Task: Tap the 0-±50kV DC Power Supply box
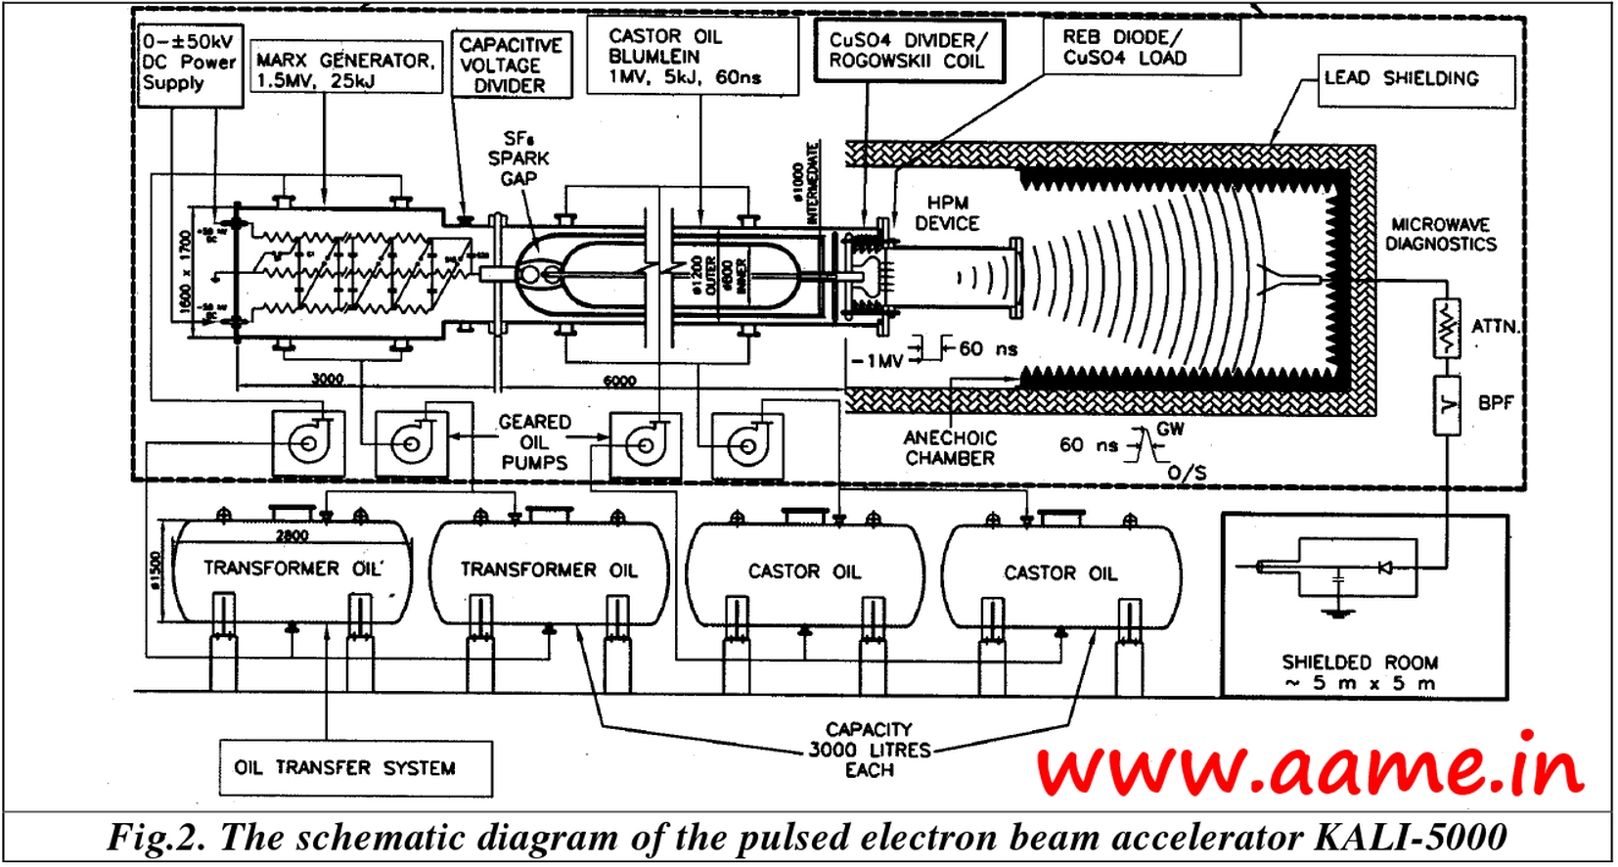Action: pyautogui.click(x=190, y=63)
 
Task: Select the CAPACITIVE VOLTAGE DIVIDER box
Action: pyautogui.click(x=511, y=66)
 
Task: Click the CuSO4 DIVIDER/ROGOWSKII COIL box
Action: pyautogui.click(x=909, y=51)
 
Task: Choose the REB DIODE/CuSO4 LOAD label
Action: pyautogui.click(x=1125, y=47)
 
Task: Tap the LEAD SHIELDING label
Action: pyautogui.click(x=1402, y=78)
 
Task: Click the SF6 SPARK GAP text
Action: pyautogui.click(x=518, y=159)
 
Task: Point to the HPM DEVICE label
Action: pyautogui.click(x=947, y=213)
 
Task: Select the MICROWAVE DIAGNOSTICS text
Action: pyautogui.click(x=1440, y=235)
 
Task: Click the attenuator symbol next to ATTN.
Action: pyautogui.click(x=1446, y=326)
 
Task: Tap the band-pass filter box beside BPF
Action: pyautogui.click(x=1446, y=403)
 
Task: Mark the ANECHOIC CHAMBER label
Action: pyautogui.click(x=950, y=448)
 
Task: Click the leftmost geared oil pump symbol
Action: pyautogui.click(x=307, y=443)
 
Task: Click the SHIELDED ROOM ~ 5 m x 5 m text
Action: pyautogui.click(x=1360, y=673)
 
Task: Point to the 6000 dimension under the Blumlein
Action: pyautogui.click(x=619, y=381)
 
